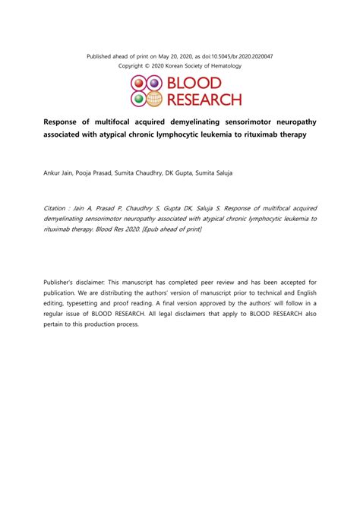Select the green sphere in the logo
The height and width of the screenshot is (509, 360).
pyautogui.click(x=137, y=98)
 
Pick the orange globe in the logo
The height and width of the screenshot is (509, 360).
pyautogui.click(x=153, y=98)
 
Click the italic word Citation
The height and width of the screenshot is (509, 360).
pyautogui.click(x=58, y=207)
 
